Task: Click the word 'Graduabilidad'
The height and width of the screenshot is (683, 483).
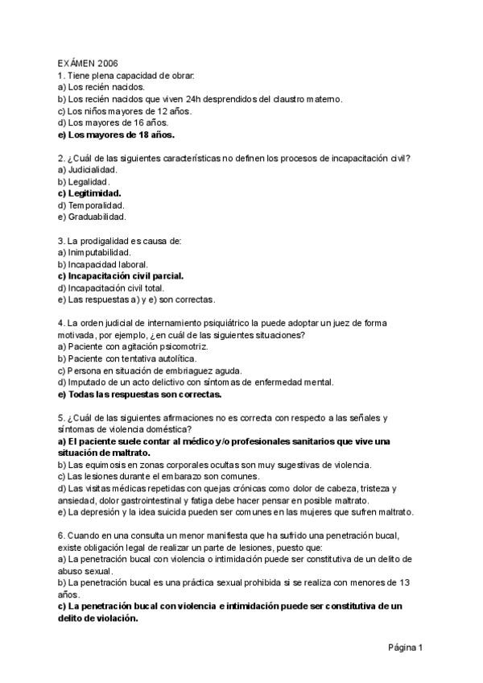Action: (x=97, y=217)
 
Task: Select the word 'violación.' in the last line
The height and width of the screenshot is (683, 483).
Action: (x=115, y=619)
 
